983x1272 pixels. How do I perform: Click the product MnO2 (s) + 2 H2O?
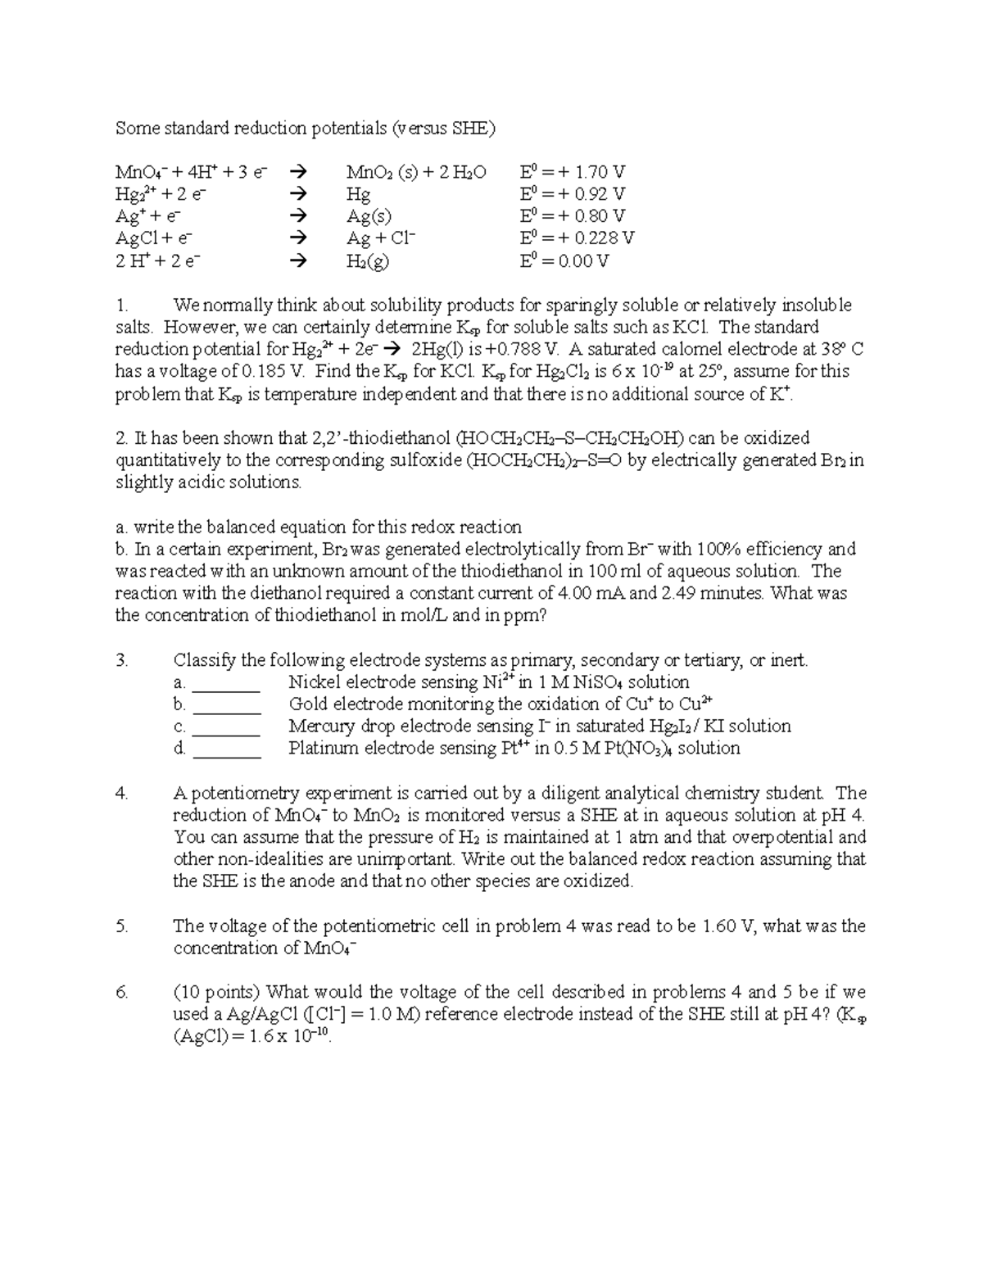pyautogui.click(x=415, y=172)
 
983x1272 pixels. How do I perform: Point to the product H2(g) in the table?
pyautogui.click(x=367, y=261)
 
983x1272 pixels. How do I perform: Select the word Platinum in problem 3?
pyautogui.click(x=323, y=749)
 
